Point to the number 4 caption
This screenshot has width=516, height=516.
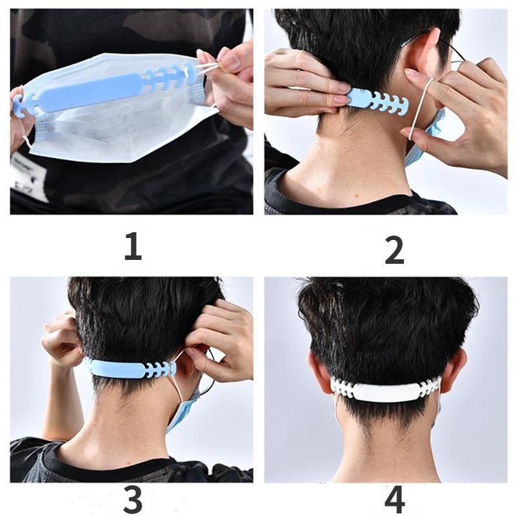click(395, 499)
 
